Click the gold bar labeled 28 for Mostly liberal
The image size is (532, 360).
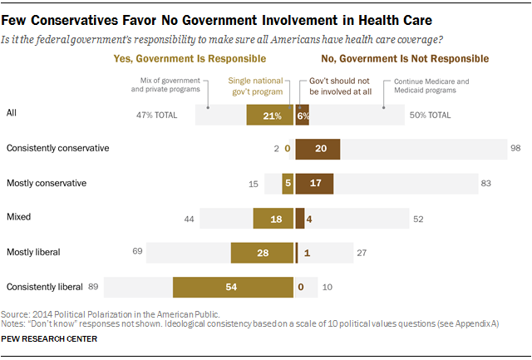(262, 252)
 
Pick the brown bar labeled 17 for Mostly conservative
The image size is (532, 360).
(314, 183)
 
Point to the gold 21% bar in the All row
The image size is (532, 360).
(269, 116)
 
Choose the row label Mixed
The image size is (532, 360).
(18, 218)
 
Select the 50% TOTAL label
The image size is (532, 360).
(429, 116)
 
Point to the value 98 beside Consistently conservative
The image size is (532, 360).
(515, 148)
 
